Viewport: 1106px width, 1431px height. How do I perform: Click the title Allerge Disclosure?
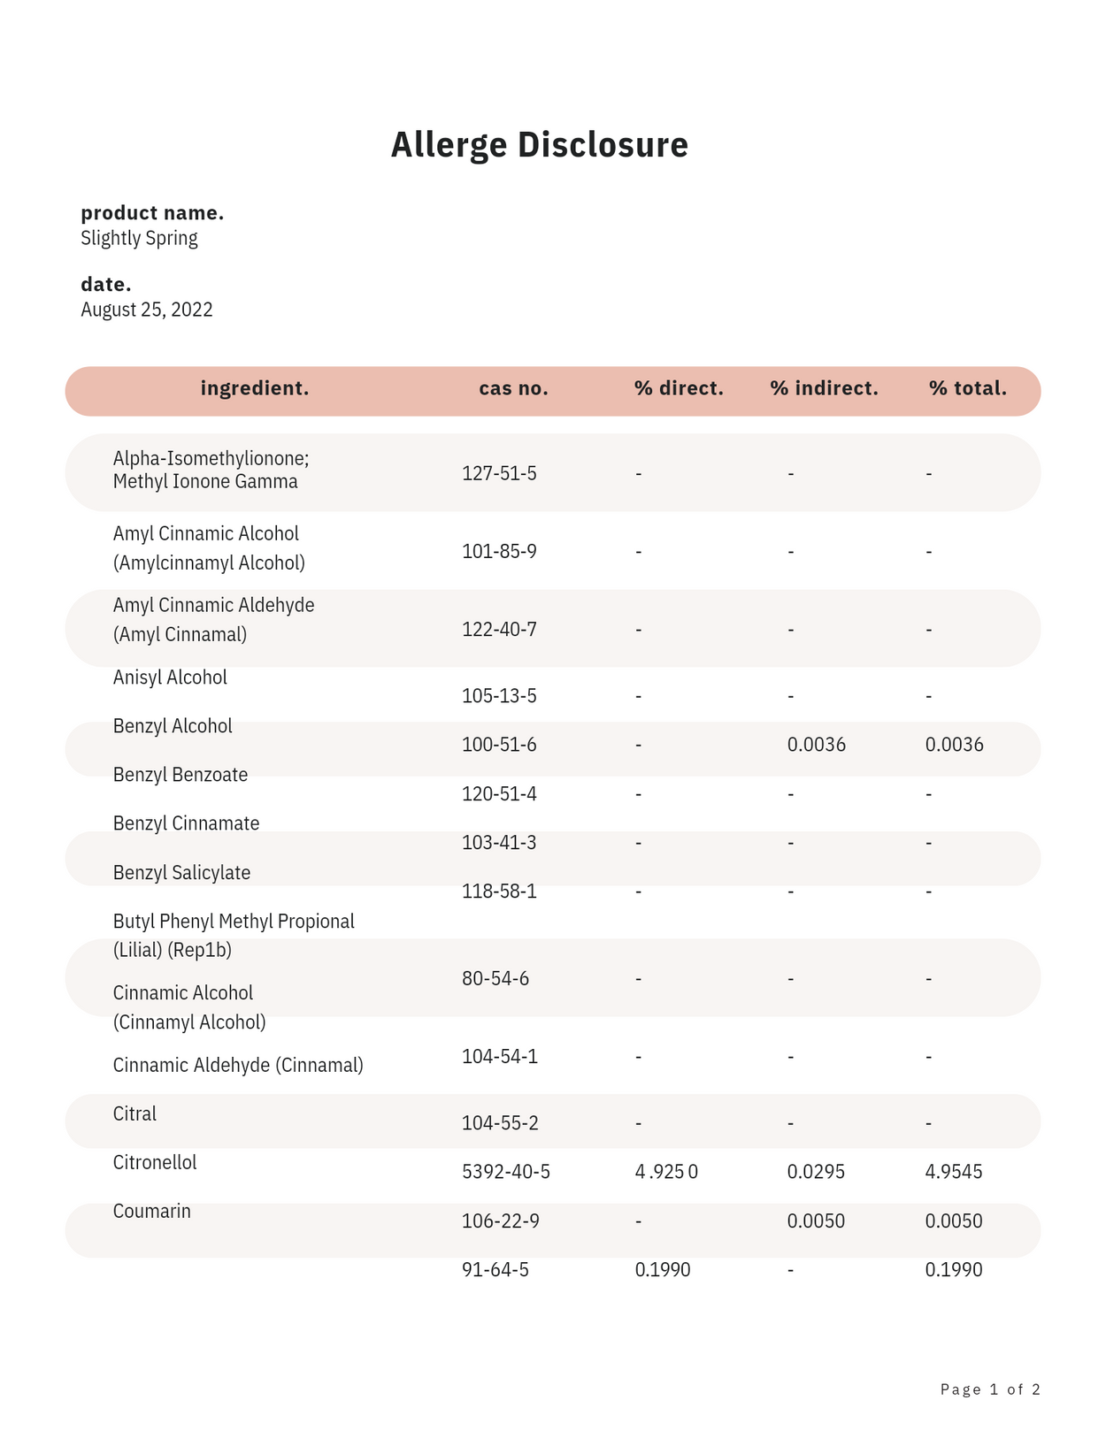539,145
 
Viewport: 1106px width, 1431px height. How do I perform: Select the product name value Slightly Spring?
139,238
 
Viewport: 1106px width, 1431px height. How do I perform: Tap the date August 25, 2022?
146,310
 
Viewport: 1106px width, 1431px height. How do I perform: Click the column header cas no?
513,388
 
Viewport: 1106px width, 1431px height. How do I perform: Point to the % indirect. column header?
824,388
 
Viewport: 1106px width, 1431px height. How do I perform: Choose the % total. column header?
967,388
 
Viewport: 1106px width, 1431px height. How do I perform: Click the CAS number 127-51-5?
499,473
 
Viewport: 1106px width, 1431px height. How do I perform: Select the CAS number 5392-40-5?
505,1172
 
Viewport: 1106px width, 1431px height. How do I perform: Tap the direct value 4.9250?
666,1172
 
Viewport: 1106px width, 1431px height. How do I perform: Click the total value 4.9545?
953,1172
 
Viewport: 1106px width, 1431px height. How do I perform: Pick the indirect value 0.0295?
816,1172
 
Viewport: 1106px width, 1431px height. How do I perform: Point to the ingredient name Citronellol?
155,1162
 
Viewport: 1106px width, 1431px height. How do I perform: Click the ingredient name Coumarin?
151,1211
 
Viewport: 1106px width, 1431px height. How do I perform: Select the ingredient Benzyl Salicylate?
181,873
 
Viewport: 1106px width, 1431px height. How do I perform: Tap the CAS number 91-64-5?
495,1270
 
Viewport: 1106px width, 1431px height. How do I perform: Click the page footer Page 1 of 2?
989,1389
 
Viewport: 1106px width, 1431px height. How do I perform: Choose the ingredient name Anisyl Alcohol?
170,677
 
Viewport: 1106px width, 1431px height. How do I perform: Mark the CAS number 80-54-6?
495,978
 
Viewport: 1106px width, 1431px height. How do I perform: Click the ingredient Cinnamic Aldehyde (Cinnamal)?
238,1065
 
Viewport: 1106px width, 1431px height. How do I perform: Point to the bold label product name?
151,213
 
